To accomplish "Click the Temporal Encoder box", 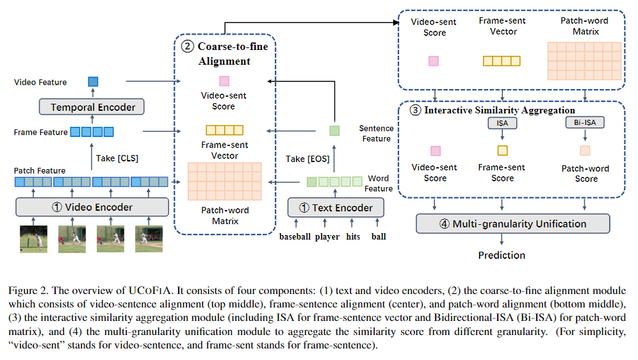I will pyautogui.click(x=93, y=107).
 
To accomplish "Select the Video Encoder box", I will pyautogui.click(x=92, y=207).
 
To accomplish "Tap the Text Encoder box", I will pyautogui.click(x=336, y=207).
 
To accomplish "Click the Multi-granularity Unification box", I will pyautogui.click(x=512, y=224).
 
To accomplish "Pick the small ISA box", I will pyautogui.click(x=502, y=122).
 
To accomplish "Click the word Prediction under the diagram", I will pyautogui.click(x=502, y=255).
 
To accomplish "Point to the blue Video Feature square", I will pyautogui.click(x=93, y=81).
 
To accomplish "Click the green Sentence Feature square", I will pyautogui.click(x=334, y=131).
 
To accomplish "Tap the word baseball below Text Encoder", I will pyautogui.click(x=295, y=237).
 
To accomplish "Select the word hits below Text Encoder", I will pyautogui.click(x=353, y=237).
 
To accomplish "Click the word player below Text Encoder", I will pyautogui.click(x=327, y=237).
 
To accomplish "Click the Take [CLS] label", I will pyautogui.click(x=116, y=158).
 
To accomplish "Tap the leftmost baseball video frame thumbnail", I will pyautogui.click(x=33, y=239).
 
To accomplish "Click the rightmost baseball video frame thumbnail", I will pyautogui.click(x=149, y=239).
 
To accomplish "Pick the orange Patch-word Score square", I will pyautogui.click(x=585, y=151).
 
